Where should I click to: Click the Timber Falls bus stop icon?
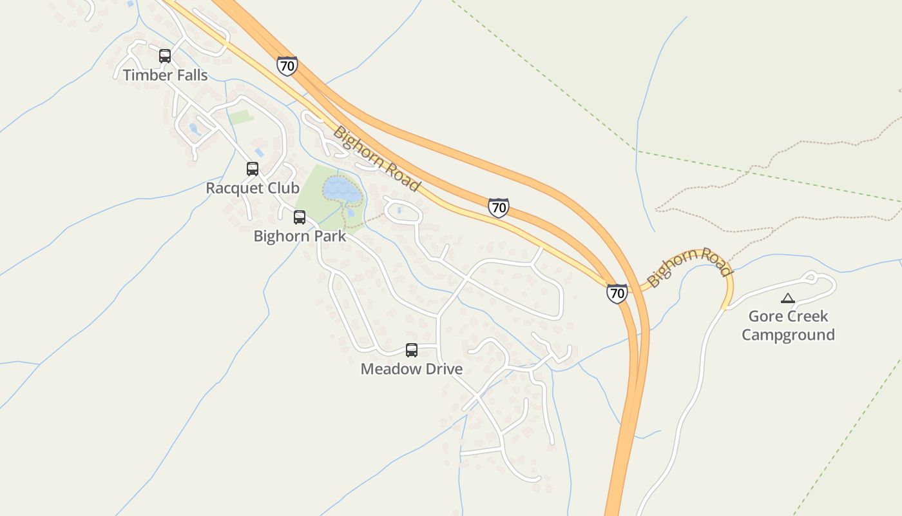click(x=165, y=56)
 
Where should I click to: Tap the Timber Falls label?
click(x=166, y=75)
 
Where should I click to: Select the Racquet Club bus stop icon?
click(x=253, y=169)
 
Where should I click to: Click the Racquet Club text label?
click(x=253, y=188)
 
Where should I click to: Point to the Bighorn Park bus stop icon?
click(x=300, y=217)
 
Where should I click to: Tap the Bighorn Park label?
click(x=300, y=236)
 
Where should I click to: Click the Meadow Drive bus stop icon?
click(x=412, y=350)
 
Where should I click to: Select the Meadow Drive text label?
click(x=412, y=369)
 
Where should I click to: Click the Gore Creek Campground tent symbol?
click(x=787, y=298)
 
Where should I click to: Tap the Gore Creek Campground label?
click(x=788, y=325)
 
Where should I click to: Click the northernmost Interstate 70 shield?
click(x=287, y=66)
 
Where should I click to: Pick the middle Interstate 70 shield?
click(x=498, y=208)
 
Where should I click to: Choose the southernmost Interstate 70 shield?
click(x=617, y=293)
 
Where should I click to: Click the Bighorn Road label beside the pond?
click(x=376, y=159)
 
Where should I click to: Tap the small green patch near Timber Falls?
click(x=240, y=117)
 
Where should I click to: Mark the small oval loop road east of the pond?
click(x=402, y=210)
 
